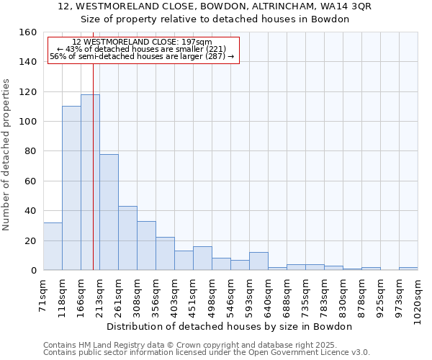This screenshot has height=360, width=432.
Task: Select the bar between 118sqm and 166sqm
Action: coord(71,188)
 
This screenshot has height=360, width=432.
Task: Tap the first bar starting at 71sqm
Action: coord(53,246)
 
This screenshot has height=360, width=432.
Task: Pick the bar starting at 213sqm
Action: coord(109,212)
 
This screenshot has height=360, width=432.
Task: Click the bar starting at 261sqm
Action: coord(127,238)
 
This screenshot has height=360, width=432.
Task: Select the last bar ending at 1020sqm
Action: coord(408,269)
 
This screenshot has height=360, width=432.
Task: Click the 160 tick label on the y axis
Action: coord(27,32)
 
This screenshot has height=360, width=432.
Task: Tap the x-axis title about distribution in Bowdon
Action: coord(234,326)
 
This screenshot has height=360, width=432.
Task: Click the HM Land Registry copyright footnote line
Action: coord(205,345)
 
